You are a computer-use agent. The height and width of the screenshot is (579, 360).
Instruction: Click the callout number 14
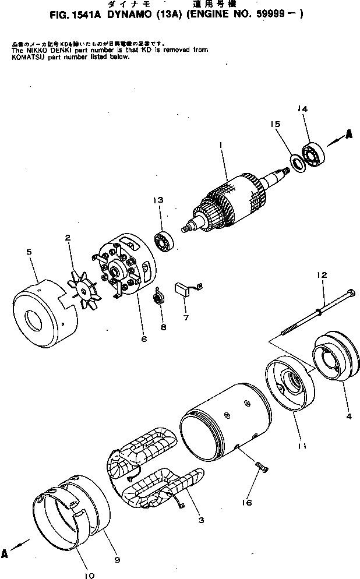(302, 109)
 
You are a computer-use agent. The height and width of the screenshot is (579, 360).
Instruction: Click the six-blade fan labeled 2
(82, 286)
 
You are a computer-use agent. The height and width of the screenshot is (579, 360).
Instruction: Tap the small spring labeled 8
(157, 299)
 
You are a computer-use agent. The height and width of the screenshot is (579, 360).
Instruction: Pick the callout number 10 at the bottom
(89, 575)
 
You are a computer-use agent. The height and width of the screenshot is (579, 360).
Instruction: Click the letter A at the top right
(348, 133)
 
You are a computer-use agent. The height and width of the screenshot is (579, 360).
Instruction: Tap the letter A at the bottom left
(5, 554)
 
